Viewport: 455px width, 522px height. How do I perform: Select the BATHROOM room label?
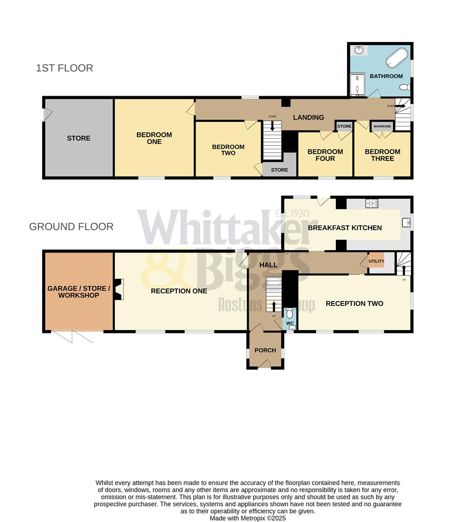(386, 76)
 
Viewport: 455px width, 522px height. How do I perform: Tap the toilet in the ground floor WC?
(290, 313)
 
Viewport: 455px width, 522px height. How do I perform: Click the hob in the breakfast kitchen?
(371, 203)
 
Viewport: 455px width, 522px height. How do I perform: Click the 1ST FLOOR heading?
(64, 68)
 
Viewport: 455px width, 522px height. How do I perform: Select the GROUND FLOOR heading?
(71, 227)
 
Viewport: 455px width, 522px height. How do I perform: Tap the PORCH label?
(265, 350)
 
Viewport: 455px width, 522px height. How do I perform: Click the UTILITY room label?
(376, 261)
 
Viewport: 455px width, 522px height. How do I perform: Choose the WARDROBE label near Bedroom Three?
(382, 127)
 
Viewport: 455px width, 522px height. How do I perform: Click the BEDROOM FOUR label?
(325, 155)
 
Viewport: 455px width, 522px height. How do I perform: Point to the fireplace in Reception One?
(119, 290)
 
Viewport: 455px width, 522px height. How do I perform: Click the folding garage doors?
(72, 336)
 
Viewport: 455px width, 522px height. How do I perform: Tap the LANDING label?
(308, 117)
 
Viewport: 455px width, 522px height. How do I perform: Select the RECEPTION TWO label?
(354, 304)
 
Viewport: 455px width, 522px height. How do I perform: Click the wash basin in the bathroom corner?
(359, 50)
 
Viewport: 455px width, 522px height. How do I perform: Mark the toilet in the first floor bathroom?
(405, 87)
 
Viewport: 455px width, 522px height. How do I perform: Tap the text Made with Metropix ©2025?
(248, 518)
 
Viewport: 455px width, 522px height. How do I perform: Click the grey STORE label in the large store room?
(78, 138)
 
